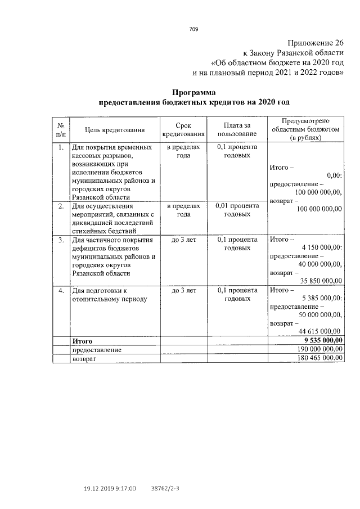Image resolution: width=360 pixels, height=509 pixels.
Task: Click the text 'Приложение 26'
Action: (314, 43)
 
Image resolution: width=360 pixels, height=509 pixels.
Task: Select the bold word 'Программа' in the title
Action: (193, 92)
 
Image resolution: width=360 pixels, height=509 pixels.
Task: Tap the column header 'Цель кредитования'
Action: (115, 130)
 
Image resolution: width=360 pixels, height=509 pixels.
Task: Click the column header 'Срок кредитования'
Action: (183, 130)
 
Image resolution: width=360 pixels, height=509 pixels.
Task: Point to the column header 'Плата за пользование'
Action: (237, 130)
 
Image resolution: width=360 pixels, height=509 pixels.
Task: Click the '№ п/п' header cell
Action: (61, 130)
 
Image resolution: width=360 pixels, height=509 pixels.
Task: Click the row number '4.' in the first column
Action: (61, 291)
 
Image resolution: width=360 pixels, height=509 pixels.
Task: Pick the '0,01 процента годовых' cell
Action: (237, 210)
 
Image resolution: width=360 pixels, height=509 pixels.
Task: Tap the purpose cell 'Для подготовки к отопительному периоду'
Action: (109, 295)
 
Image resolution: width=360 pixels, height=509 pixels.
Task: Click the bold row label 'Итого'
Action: (82, 341)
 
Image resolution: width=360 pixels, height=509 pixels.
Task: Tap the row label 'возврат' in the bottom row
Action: (83, 358)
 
